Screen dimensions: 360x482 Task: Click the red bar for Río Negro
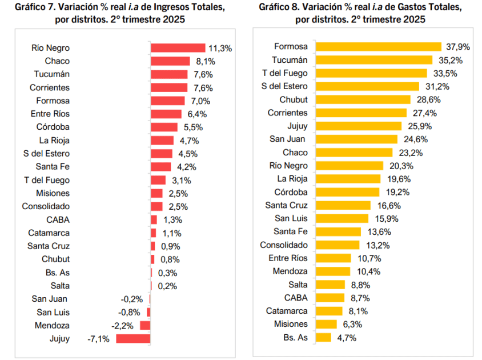coord(178,48)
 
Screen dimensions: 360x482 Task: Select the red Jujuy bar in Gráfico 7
coord(133,338)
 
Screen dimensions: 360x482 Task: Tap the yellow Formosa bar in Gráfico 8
coord(379,47)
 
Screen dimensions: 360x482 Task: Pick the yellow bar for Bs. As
coord(324,337)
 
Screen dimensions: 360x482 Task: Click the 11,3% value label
coord(220,48)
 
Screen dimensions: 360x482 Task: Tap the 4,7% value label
coord(346,337)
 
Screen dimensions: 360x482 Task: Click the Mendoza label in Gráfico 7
coord(51,325)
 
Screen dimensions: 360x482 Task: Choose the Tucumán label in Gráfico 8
coord(290,60)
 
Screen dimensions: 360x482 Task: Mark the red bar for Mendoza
coord(145,325)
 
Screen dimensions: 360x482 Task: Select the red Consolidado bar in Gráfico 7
coord(156,206)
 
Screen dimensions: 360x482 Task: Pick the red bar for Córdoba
coord(164,127)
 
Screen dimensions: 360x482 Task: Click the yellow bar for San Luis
coord(342,218)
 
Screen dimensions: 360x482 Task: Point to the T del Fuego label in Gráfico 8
coord(284,73)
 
